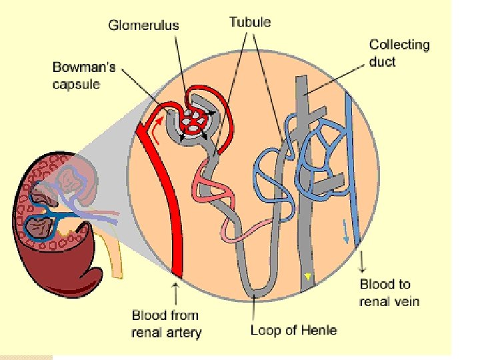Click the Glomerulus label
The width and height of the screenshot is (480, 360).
tap(143, 26)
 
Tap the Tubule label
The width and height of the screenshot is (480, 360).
tap(250, 22)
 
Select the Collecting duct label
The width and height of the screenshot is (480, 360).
tap(399, 53)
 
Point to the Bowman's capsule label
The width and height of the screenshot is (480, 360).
tap(85, 76)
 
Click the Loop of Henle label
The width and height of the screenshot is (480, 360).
tap(293, 330)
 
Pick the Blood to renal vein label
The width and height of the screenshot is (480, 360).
tap(389, 293)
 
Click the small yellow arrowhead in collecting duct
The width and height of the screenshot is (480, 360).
tap(307, 275)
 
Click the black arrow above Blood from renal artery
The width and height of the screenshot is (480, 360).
tap(176, 292)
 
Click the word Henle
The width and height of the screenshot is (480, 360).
tap(319, 330)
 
